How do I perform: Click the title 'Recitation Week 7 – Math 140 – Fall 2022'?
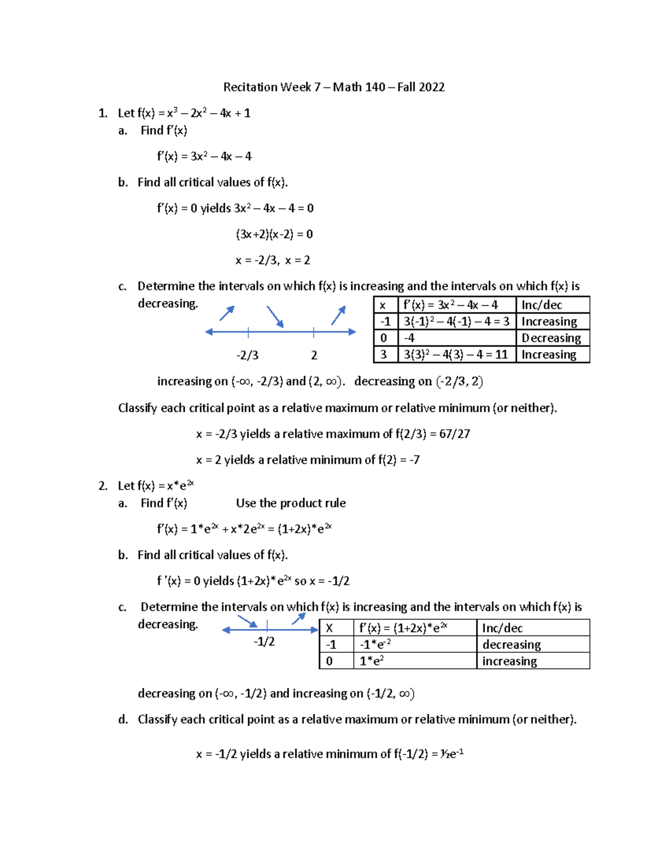click(x=334, y=87)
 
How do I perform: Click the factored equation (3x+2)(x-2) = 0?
click(x=274, y=234)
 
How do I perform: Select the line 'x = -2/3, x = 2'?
click(x=273, y=260)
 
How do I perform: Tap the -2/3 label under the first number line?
click(x=247, y=355)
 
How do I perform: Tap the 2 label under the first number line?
click(x=314, y=355)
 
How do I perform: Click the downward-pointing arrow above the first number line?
click(x=275, y=316)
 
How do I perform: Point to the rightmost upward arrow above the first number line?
click(x=338, y=315)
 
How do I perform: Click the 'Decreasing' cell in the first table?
click(x=551, y=338)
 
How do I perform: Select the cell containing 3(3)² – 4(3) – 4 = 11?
click(x=455, y=355)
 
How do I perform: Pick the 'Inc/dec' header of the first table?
click(x=542, y=305)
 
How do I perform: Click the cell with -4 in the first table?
click(x=410, y=338)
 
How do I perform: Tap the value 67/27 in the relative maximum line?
click(x=454, y=434)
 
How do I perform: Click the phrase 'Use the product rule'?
click(x=290, y=503)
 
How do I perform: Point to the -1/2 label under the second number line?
click(x=264, y=642)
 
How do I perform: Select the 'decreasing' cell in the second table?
click(x=511, y=644)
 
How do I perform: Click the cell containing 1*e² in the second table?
click(x=372, y=661)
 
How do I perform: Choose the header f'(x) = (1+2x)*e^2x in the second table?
click(x=403, y=628)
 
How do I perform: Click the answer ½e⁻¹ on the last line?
click(x=452, y=754)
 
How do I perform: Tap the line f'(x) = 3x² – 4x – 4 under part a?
click(x=204, y=157)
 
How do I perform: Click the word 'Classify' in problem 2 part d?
click(x=157, y=720)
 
